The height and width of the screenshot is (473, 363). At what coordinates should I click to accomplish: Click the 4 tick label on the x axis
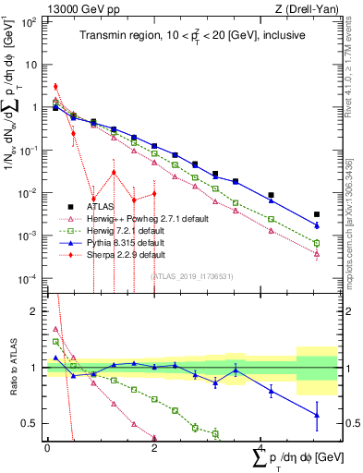[x=262, y=447]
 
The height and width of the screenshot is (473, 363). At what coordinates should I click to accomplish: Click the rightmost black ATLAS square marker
[x=317, y=214]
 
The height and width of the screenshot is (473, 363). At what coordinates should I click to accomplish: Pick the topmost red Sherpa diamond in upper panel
[x=55, y=87]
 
